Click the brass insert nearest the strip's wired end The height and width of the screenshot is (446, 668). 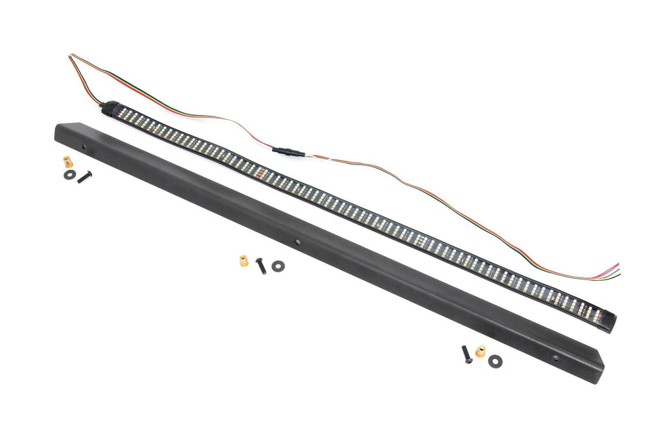67,162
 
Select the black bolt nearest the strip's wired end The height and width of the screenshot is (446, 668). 85,177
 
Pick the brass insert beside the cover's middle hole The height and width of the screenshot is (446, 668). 244,261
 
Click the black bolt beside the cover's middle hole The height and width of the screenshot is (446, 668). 261,265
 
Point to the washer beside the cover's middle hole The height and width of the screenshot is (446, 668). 278,266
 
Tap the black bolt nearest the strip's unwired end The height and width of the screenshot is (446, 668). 467,354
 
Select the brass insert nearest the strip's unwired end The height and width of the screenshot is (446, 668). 481,352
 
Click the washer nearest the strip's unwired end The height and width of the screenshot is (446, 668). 495,360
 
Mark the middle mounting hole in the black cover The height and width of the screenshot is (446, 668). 299,242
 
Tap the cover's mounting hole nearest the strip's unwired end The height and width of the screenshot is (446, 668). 555,358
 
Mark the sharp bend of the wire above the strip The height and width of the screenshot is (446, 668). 70,57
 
